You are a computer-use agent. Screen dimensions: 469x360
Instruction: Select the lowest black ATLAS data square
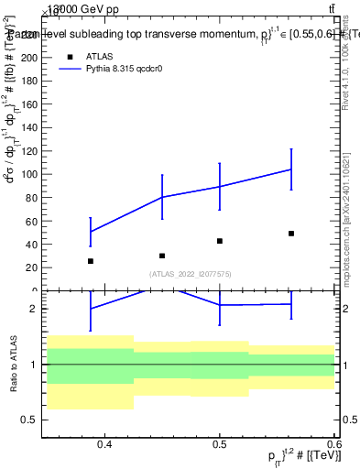(90, 261)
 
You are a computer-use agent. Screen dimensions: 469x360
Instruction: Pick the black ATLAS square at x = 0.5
(220, 241)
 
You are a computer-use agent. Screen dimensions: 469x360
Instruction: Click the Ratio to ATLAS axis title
(13, 365)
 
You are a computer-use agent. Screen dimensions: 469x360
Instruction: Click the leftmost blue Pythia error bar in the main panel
(90, 232)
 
